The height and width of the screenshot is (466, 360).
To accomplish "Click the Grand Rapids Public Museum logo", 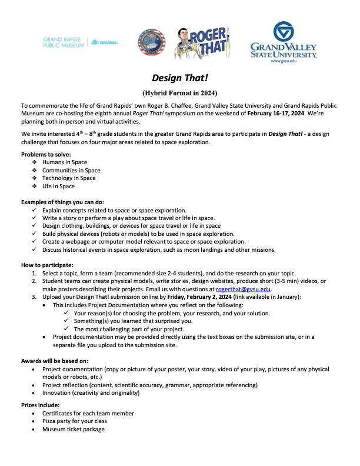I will tap(80, 42).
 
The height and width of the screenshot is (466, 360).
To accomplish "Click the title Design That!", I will tap(179, 78).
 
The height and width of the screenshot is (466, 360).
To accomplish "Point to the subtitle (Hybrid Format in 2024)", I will tap(179, 93).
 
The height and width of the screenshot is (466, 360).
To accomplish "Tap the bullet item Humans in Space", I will tap(65, 161).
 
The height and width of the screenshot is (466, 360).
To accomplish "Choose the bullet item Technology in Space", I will tap(69, 178).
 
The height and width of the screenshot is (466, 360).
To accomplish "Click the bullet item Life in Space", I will tap(58, 186).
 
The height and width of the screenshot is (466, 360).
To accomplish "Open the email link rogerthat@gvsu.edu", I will tap(243, 289).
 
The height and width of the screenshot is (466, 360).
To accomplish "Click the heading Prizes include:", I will tap(41, 405).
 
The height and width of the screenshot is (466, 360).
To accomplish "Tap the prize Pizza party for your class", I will tap(79, 421).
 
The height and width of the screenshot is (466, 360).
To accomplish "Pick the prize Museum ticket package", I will tap(74, 430).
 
